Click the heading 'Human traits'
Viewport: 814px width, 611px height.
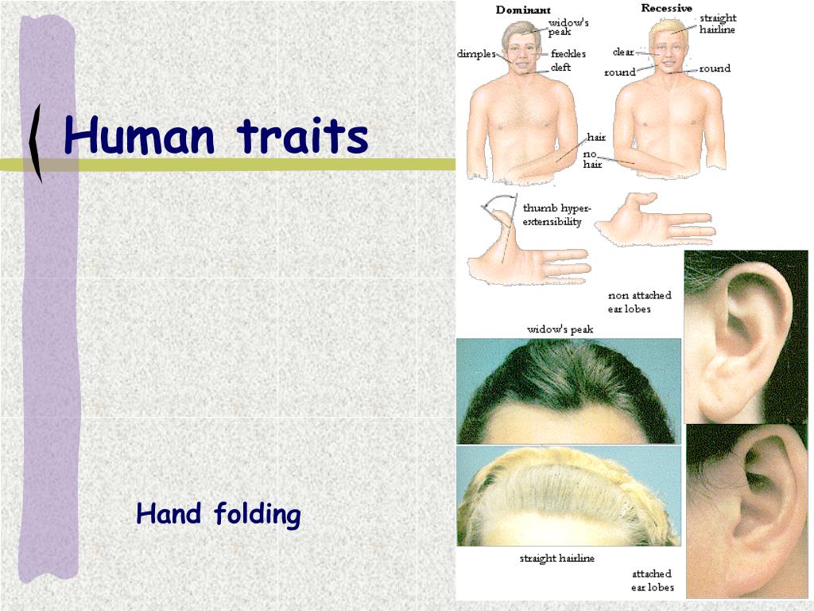pos(216,136)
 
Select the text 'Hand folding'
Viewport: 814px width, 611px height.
pos(219,515)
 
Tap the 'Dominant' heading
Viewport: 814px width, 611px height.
pos(523,10)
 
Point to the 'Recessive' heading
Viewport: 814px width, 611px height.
pos(666,9)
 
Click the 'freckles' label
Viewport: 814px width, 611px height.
pos(568,54)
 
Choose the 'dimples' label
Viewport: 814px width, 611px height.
pos(476,54)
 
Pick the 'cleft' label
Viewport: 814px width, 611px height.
pos(560,68)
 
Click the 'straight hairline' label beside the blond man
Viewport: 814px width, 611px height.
pos(717,24)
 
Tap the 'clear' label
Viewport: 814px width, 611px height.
pos(623,53)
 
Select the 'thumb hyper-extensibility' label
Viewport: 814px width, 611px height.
pos(552,215)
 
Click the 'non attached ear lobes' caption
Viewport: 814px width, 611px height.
pos(639,302)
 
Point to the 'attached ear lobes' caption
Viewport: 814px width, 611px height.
pos(652,580)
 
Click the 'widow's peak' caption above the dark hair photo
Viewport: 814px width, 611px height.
pos(560,329)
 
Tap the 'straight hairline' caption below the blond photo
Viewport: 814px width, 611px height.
pos(556,558)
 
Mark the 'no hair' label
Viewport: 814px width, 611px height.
pos(593,159)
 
